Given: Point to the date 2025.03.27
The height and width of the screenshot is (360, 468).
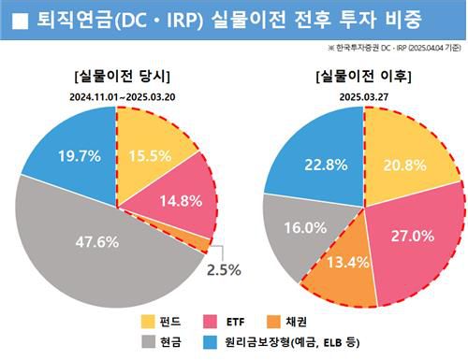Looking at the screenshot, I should (x=364, y=95).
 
